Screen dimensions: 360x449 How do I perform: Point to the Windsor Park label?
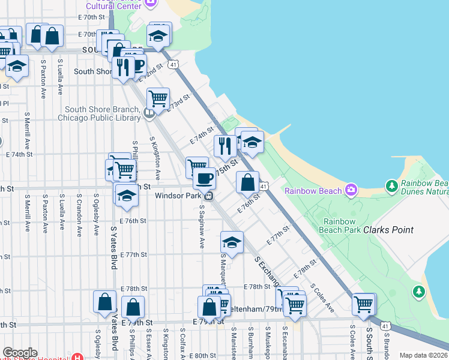178,196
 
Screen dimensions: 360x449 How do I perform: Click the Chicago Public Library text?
99,118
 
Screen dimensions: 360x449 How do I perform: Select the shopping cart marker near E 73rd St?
158,98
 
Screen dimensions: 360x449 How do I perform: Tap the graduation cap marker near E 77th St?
232,242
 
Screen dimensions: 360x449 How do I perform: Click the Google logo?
20,353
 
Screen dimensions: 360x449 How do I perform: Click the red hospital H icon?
76,357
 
